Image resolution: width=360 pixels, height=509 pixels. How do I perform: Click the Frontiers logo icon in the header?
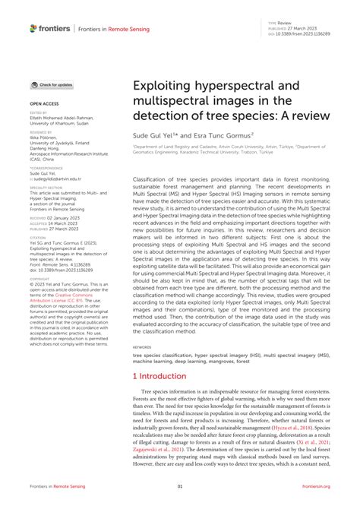tap(33, 28)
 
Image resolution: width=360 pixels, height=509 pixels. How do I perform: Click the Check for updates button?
tap(52, 85)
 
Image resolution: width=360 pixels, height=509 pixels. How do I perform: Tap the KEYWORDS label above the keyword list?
tap(145, 346)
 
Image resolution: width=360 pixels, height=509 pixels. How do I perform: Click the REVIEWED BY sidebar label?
tap(41, 131)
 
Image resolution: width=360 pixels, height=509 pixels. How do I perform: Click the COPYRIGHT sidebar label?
tap(40, 274)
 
